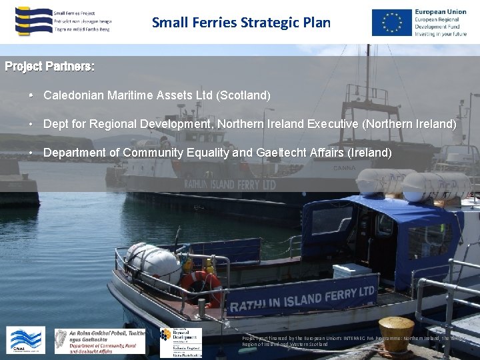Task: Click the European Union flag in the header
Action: point(392,22)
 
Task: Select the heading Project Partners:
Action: point(49,67)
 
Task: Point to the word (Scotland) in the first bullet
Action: point(243,95)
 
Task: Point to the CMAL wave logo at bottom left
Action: point(25,340)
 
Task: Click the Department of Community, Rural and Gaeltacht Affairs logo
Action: point(100,341)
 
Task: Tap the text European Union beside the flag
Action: point(440,12)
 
